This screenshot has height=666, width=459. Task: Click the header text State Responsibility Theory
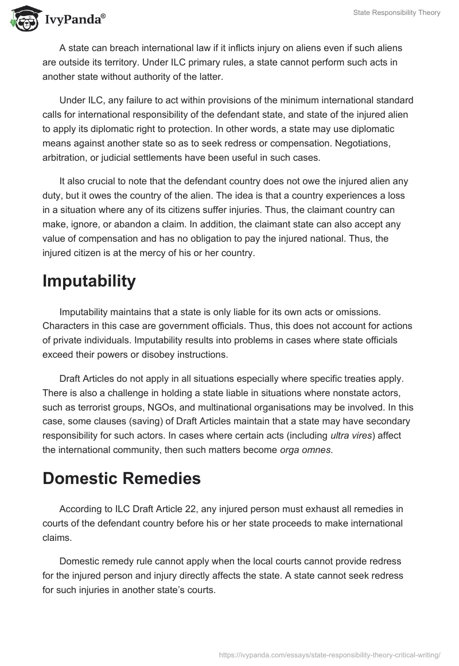point(396,13)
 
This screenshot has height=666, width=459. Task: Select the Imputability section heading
point(89,281)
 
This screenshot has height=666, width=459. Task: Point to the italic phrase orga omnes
point(305,450)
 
